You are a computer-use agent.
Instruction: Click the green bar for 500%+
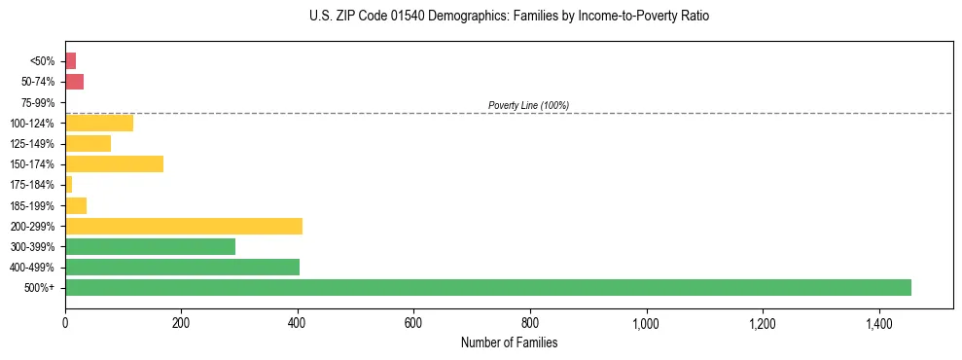coord(487,287)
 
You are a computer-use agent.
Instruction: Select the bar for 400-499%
coord(182,267)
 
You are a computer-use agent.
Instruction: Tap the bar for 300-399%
coord(150,246)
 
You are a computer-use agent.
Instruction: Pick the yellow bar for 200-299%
coord(183,226)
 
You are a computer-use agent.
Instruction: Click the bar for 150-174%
coord(114,163)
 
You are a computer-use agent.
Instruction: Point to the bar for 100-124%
coord(98,123)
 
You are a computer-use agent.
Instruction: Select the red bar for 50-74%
coord(74,82)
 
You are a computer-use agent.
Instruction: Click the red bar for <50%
coord(70,61)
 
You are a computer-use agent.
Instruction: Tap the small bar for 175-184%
coord(68,184)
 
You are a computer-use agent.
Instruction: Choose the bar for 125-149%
coord(88,143)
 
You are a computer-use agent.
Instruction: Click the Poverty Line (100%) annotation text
coord(528,105)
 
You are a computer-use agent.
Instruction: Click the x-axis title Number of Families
coord(509,342)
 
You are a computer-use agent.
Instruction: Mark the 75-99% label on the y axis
coord(39,102)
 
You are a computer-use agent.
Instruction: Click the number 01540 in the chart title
coord(403,17)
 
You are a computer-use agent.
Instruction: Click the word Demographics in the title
coord(465,17)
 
